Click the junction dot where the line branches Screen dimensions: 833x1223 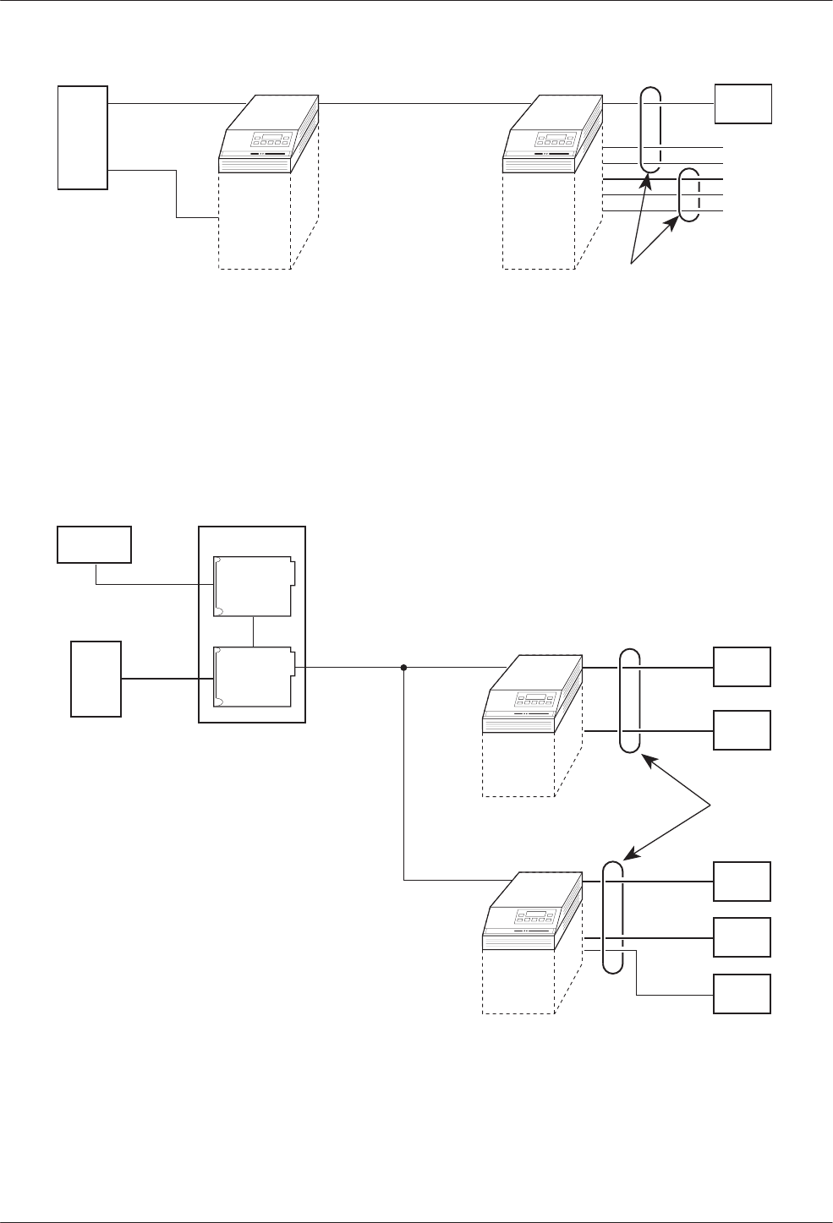click(403, 667)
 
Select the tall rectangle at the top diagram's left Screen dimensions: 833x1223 click(83, 137)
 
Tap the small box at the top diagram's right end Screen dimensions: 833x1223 click(743, 103)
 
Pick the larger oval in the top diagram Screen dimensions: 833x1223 click(650, 129)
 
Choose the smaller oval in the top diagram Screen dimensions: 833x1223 click(691, 195)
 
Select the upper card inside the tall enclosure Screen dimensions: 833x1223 click(254, 587)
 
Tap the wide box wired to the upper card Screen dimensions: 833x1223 click(94, 544)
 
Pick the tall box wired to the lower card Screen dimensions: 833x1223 click(96, 679)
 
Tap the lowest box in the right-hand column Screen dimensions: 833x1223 click(743, 993)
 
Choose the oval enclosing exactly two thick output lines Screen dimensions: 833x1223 click(630, 700)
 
